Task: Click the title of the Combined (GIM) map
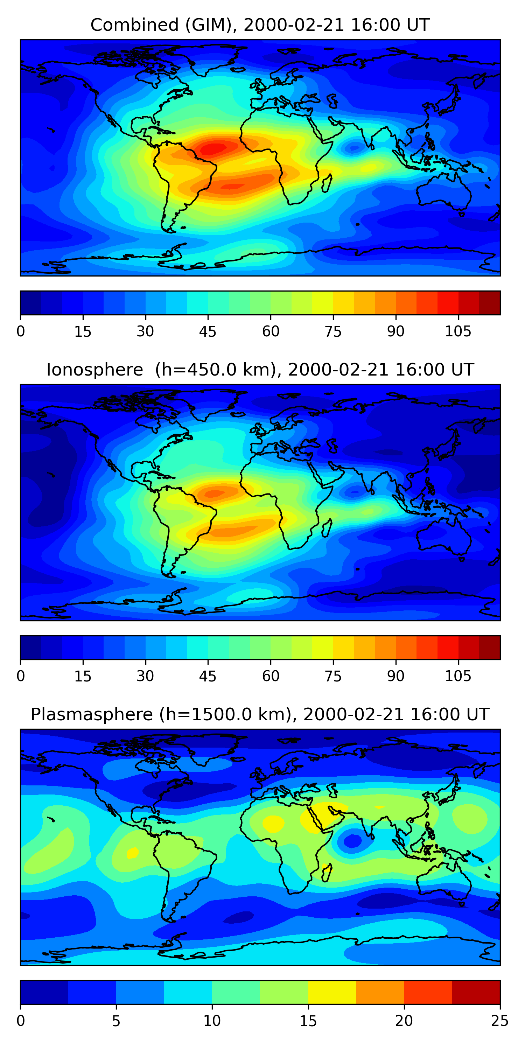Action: click(x=260, y=25)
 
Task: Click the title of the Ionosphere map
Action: click(x=260, y=370)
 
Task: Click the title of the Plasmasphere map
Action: click(x=260, y=715)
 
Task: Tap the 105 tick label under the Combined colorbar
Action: click(x=458, y=331)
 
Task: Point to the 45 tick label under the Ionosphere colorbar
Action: click(x=208, y=676)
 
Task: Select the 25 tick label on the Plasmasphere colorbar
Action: click(x=500, y=1021)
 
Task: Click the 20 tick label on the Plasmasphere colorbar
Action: click(x=404, y=1021)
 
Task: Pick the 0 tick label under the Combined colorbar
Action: click(x=21, y=331)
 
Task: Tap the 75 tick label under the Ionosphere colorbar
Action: click(x=333, y=676)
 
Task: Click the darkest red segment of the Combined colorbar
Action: click(x=490, y=303)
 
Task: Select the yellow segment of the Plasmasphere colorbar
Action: click(x=332, y=993)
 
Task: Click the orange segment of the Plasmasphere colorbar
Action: click(x=380, y=993)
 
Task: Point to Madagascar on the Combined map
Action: click(x=327, y=183)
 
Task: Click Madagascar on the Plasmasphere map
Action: click(x=327, y=873)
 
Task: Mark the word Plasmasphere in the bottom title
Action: click(x=92, y=715)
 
